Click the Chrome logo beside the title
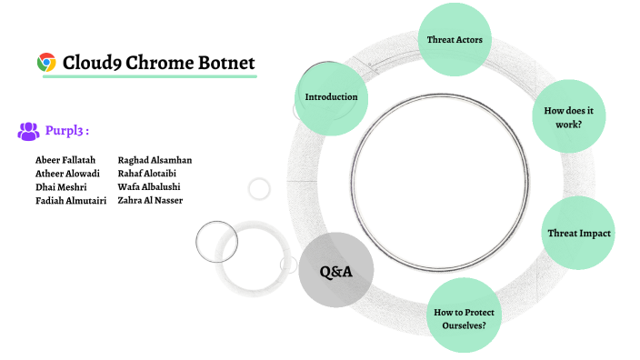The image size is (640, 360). pyautogui.click(x=46, y=62)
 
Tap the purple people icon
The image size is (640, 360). pyautogui.click(x=28, y=131)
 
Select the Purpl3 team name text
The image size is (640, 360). pyautogui.click(x=66, y=131)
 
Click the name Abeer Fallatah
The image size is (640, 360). pyautogui.click(x=65, y=160)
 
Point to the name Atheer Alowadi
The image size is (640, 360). pyautogui.click(x=67, y=174)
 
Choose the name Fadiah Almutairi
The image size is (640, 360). pyautogui.click(x=71, y=200)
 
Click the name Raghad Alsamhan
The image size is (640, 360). pyautogui.click(x=155, y=160)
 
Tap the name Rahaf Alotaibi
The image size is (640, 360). pyautogui.click(x=148, y=174)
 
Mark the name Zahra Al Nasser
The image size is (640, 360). pyautogui.click(x=150, y=200)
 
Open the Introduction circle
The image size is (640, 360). pyautogui.click(x=331, y=96)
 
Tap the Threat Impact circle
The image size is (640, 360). pyautogui.click(x=578, y=233)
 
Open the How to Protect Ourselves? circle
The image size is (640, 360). pyautogui.click(x=465, y=317)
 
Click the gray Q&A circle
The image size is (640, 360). pyautogui.click(x=335, y=271)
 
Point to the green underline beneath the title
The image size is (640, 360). pyautogui.click(x=150, y=76)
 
